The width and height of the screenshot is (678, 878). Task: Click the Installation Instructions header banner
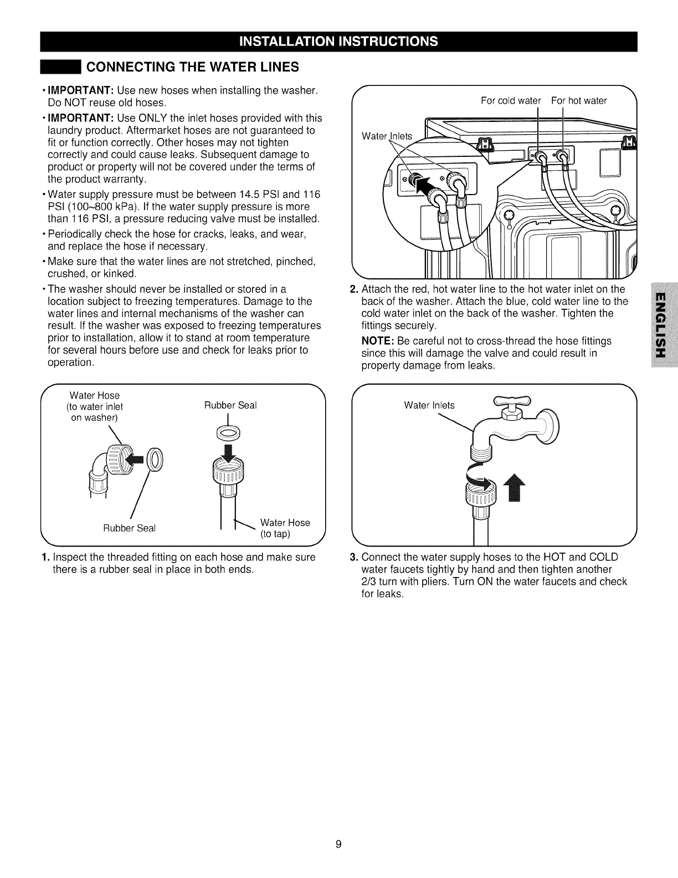click(x=338, y=42)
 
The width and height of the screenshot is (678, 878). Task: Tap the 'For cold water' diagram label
click(x=510, y=100)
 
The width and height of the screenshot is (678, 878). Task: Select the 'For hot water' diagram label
click(x=579, y=100)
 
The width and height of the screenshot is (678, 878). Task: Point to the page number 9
click(x=339, y=845)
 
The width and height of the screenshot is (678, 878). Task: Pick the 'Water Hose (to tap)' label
click(x=285, y=528)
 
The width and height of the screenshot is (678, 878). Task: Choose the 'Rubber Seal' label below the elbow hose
click(x=130, y=528)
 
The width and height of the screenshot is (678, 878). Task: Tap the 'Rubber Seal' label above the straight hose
click(x=230, y=405)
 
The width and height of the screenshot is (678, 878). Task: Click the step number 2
click(x=355, y=289)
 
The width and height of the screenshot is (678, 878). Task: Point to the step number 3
click(x=355, y=557)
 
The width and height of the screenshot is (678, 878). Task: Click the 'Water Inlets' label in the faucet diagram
click(x=429, y=405)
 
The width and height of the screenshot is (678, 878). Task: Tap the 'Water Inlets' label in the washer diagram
click(x=387, y=136)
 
